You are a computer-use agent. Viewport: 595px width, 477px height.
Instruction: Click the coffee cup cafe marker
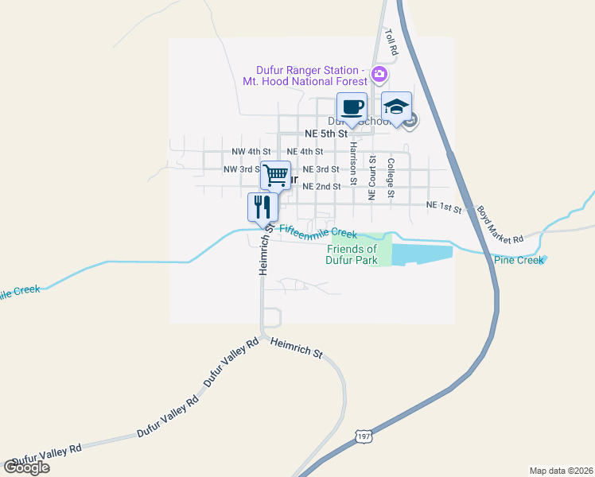coord(352,107)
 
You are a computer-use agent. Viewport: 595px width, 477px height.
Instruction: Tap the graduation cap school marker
coord(396,107)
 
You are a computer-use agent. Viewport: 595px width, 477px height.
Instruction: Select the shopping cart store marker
coord(275,175)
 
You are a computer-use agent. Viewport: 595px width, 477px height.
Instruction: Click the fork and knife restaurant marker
coord(262,207)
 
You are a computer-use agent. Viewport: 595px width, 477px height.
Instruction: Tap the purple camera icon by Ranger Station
coord(379,76)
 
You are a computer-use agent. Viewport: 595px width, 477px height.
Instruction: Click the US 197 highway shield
coord(364,436)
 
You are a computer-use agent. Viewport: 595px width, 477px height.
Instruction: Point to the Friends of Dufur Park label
coord(360,254)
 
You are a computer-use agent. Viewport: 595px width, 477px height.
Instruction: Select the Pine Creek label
coord(519,260)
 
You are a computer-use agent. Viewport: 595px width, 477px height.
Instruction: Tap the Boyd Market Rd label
coord(500,226)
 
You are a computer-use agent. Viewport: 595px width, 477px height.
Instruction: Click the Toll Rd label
coord(391,42)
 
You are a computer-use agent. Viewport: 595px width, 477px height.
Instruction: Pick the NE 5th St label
coord(327,134)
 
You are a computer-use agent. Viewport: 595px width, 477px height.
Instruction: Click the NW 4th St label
coord(251,151)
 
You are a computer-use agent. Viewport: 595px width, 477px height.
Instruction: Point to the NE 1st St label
coord(444,206)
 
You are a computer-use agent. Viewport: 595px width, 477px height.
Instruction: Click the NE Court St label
coord(371,176)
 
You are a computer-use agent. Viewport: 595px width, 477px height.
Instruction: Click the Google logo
coord(26,467)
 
